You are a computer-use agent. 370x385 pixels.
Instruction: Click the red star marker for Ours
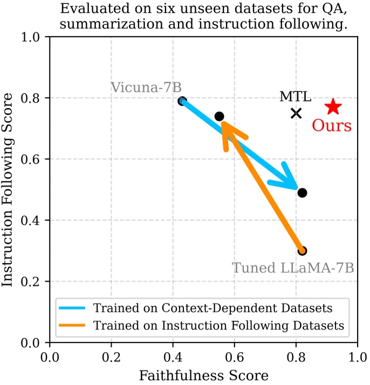333,107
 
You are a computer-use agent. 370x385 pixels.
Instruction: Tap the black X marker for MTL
296,113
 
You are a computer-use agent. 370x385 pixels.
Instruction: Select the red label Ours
332,126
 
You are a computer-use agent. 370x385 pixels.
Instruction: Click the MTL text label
295,97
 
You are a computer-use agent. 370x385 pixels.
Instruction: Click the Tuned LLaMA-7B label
293,268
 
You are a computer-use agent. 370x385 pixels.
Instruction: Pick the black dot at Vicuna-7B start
182,101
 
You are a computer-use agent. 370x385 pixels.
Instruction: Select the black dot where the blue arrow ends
302,192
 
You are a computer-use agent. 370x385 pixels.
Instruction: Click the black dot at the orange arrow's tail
302,251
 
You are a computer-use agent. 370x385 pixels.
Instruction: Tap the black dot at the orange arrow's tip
219,116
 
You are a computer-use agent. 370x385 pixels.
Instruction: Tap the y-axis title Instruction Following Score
9,189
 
